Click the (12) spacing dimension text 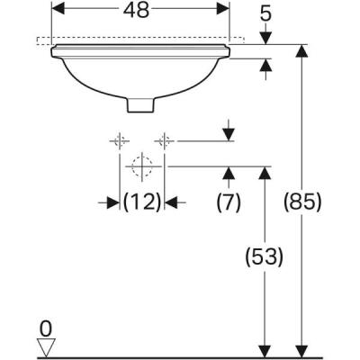(x=141, y=202)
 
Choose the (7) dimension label (x=229, y=202)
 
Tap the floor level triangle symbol (x=45, y=346)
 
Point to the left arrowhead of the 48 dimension (x=57, y=6)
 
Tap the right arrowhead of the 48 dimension (x=225, y=6)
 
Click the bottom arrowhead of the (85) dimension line (x=300, y=351)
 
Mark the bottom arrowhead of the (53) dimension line (x=265, y=351)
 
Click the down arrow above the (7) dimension (x=229, y=134)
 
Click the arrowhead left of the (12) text (x=114, y=202)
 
